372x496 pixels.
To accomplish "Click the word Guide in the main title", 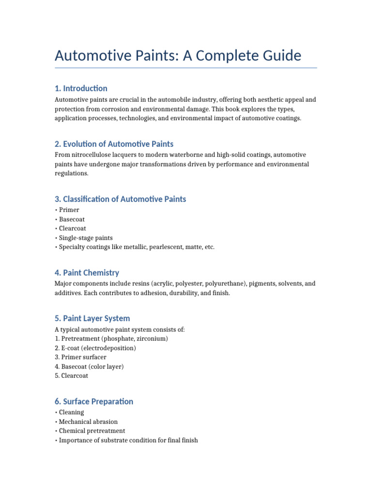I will coord(279,55).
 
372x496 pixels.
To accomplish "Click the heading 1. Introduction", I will coord(81,88).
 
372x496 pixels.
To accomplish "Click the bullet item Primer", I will coord(69,210).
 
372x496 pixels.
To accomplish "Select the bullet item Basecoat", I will coord(72,219).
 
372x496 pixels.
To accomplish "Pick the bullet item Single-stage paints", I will coord(86,238).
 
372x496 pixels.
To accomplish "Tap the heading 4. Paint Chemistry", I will coord(87,273).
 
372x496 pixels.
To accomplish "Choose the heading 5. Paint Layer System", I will coord(92,318).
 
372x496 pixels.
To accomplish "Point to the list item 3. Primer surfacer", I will coord(80,357).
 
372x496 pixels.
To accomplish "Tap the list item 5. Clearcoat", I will coord(72,376).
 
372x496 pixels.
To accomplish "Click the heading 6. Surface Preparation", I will coord(94,402).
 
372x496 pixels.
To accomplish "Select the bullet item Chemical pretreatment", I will coord(92,431).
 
